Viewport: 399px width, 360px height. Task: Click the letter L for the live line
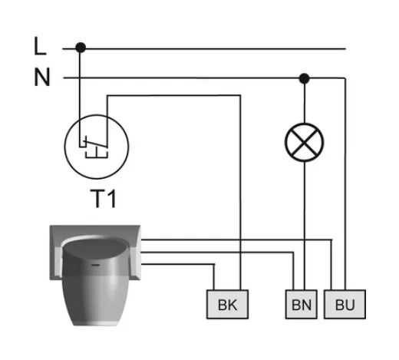click(40, 46)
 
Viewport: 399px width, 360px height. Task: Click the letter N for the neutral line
click(41, 78)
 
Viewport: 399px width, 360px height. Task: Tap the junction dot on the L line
click(81, 48)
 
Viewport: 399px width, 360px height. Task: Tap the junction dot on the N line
click(304, 78)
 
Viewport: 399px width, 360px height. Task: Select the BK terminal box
click(227, 304)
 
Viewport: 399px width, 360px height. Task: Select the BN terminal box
click(302, 304)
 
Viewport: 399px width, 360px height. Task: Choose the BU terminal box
click(345, 304)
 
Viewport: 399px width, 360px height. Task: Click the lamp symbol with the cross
click(305, 142)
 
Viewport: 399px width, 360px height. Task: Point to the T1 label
click(104, 199)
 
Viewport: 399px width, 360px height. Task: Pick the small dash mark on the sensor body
click(95, 265)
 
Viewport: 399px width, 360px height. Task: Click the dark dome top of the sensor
click(94, 249)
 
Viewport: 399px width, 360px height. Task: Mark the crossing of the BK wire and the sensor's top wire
click(240, 239)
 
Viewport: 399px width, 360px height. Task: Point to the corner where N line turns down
click(345, 78)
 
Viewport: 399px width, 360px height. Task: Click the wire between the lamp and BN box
click(305, 226)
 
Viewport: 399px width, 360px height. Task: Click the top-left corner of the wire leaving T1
click(107, 96)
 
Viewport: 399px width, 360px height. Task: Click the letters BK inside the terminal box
click(227, 305)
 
